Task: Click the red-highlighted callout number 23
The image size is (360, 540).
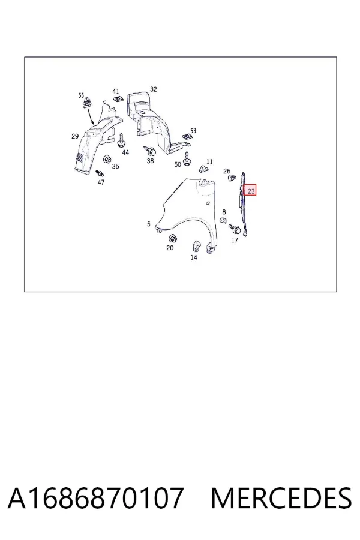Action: pyautogui.click(x=251, y=191)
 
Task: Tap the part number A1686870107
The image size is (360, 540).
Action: pyautogui.click(x=95, y=498)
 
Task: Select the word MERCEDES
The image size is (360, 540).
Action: pyautogui.click(x=281, y=498)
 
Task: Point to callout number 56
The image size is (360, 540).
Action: pyautogui.click(x=81, y=95)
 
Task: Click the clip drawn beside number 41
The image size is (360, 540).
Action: pyautogui.click(x=118, y=99)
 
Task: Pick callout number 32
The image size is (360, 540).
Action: pyautogui.click(x=154, y=89)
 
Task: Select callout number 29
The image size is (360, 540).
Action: pyautogui.click(x=75, y=136)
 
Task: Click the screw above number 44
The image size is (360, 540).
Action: pyautogui.click(x=121, y=141)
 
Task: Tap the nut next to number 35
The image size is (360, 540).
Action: pyautogui.click(x=107, y=160)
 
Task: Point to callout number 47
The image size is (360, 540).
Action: pyautogui.click(x=101, y=182)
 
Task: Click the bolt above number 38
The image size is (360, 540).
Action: pyautogui.click(x=150, y=151)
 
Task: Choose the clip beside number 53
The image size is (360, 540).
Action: pyautogui.click(x=187, y=136)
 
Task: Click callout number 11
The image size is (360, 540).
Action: pyautogui.click(x=209, y=162)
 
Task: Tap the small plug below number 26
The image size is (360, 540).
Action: pyautogui.click(x=232, y=178)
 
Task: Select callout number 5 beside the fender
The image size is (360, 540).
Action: pyautogui.click(x=148, y=224)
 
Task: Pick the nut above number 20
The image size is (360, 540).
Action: pyautogui.click(x=172, y=238)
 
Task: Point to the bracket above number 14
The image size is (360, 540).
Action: pyautogui.click(x=195, y=245)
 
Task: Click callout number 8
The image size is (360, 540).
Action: pyautogui.click(x=224, y=212)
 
